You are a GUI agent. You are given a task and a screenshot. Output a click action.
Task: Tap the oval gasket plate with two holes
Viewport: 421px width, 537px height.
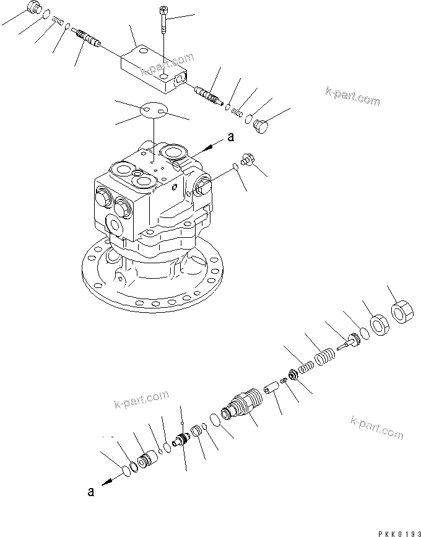click(x=152, y=111)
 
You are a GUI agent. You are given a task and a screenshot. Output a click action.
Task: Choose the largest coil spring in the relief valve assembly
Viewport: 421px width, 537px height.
click(x=325, y=358)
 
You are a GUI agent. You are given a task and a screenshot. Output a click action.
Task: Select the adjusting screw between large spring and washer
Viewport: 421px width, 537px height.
click(x=351, y=339)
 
